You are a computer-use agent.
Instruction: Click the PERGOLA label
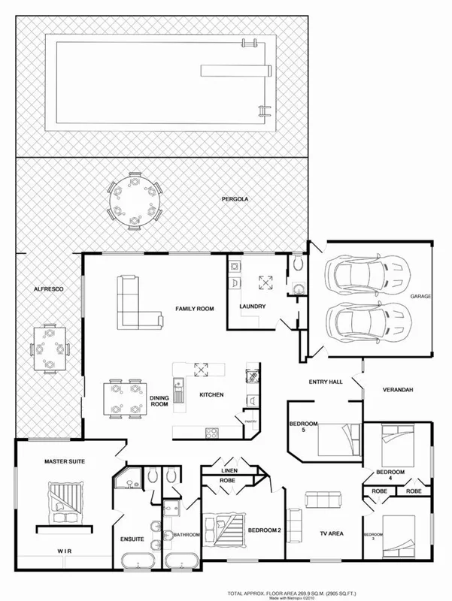click(x=235, y=200)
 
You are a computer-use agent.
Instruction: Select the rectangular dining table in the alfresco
click(x=50, y=349)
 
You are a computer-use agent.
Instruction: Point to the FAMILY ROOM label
click(x=196, y=309)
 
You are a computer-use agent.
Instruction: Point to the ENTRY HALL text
click(x=326, y=382)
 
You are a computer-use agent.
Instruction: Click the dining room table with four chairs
click(x=123, y=398)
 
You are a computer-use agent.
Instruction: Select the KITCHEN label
click(x=211, y=394)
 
